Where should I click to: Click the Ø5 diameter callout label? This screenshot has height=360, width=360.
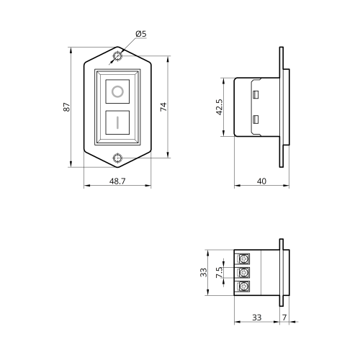coord(141,34)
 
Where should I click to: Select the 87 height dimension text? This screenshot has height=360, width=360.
coord(67,107)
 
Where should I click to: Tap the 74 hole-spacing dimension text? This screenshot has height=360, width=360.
coord(163,107)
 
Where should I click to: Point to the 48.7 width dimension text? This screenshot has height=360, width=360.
coord(117,181)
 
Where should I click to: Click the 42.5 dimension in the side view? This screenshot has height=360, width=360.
coord(220,107)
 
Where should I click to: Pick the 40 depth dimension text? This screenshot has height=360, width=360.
coord(261,181)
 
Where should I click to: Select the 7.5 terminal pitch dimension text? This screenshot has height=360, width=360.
coord(220,272)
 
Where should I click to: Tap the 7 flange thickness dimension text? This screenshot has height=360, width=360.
coord(284,318)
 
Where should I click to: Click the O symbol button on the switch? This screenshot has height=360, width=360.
coord(117,91)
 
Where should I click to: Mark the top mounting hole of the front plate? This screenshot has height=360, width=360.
coord(117,56)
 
